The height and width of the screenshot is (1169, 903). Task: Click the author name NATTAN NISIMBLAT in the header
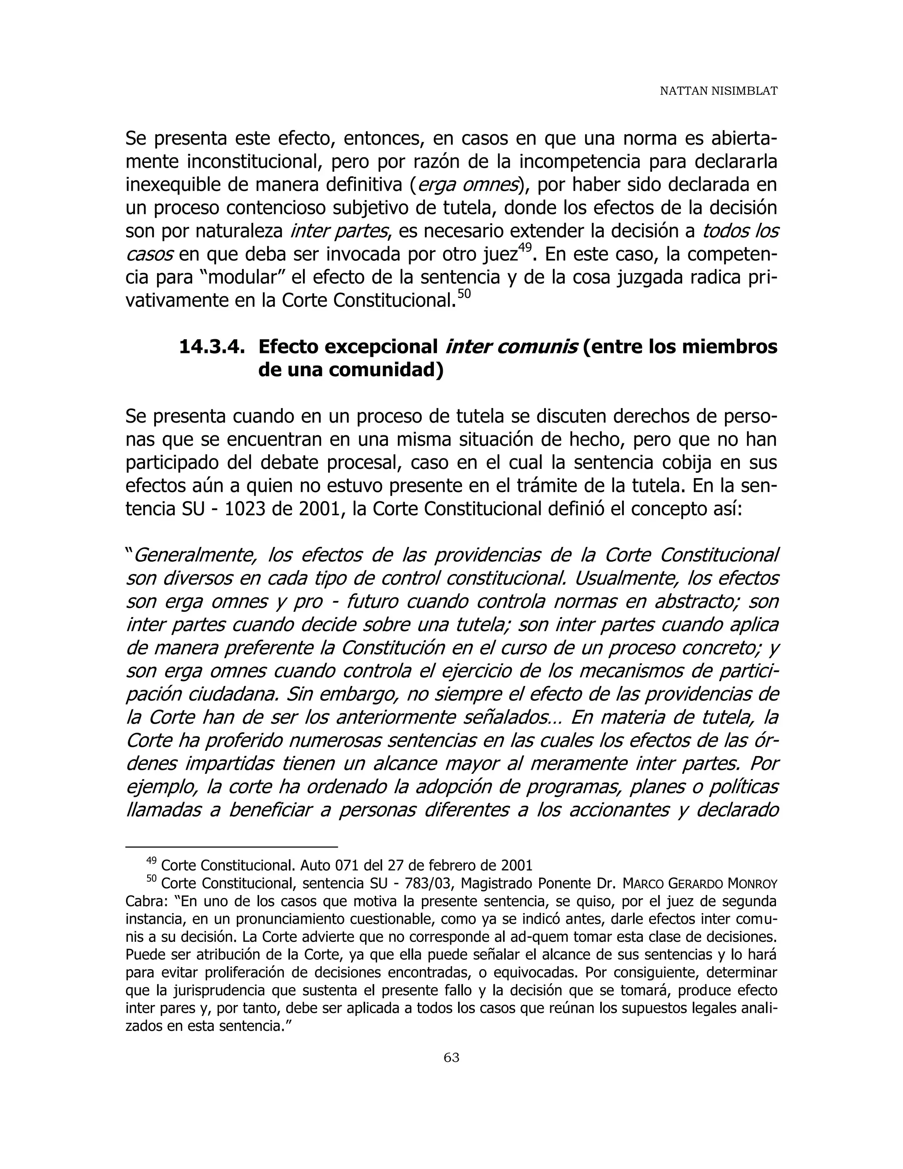click(x=718, y=91)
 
